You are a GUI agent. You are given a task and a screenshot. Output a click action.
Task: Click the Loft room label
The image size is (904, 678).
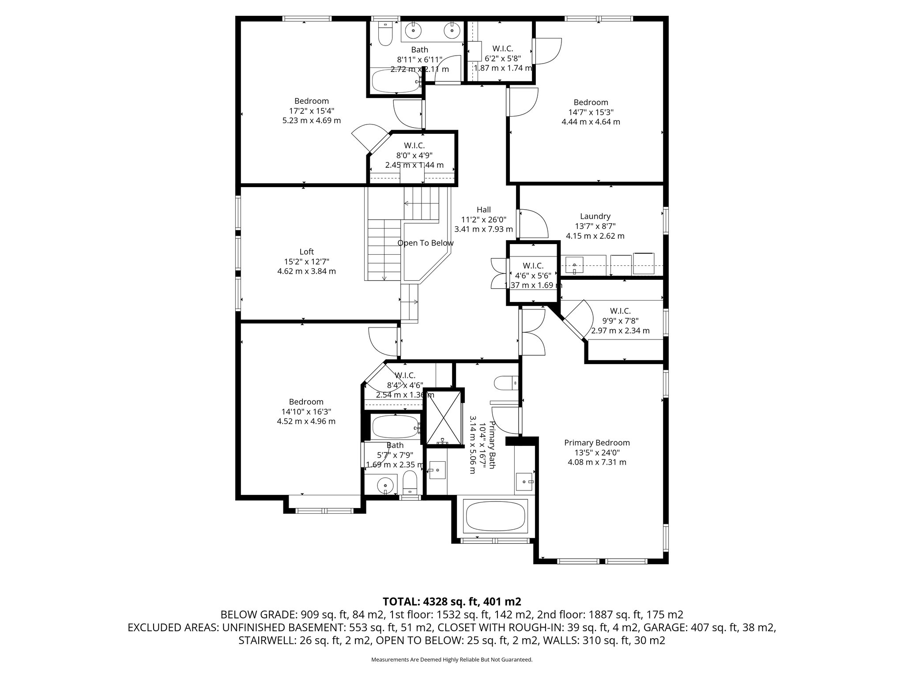306,252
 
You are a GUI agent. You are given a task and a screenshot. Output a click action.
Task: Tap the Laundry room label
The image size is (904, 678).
595,216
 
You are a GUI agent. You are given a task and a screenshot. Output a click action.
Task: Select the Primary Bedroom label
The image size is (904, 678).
597,443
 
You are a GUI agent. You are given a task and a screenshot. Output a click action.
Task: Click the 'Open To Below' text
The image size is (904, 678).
426,243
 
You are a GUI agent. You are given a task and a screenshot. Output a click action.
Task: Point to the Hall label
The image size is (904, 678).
483,210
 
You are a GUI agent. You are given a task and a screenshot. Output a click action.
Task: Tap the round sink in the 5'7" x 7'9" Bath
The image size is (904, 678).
385,486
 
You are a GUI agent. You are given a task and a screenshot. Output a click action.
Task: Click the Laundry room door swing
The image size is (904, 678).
534,224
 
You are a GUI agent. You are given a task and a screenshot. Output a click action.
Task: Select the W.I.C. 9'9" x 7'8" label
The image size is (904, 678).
620,311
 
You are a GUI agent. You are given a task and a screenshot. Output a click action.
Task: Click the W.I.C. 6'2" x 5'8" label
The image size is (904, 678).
502,49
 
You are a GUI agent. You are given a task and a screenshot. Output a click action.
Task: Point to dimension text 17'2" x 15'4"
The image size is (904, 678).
312,111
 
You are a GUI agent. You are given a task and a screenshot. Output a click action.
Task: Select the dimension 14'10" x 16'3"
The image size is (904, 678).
306,412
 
